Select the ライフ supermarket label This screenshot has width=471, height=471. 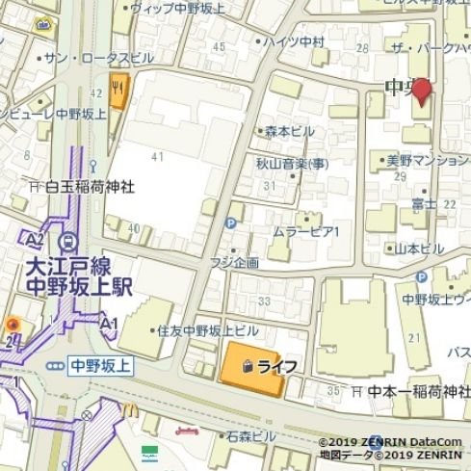[275, 367]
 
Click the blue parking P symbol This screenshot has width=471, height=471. [229, 223]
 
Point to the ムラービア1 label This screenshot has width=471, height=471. [313, 232]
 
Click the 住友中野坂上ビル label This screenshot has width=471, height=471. [208, 329]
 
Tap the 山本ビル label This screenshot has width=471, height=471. [420, 249]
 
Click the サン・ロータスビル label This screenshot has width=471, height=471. [95, 58]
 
